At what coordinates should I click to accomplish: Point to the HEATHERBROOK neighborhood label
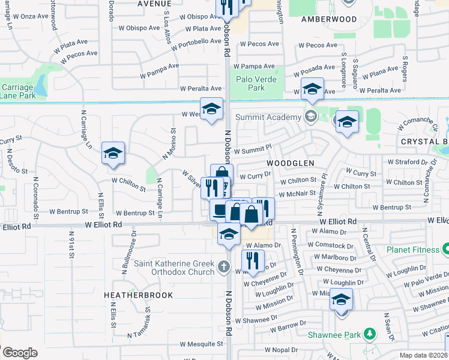coord(138,295)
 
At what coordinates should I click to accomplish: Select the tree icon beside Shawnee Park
coord(370,333)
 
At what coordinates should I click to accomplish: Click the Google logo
coord(19,352)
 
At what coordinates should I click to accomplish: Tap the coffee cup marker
coord(219,209)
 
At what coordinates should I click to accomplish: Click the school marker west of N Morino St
coord(113,154)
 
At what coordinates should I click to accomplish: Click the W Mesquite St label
coord(202,344)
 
